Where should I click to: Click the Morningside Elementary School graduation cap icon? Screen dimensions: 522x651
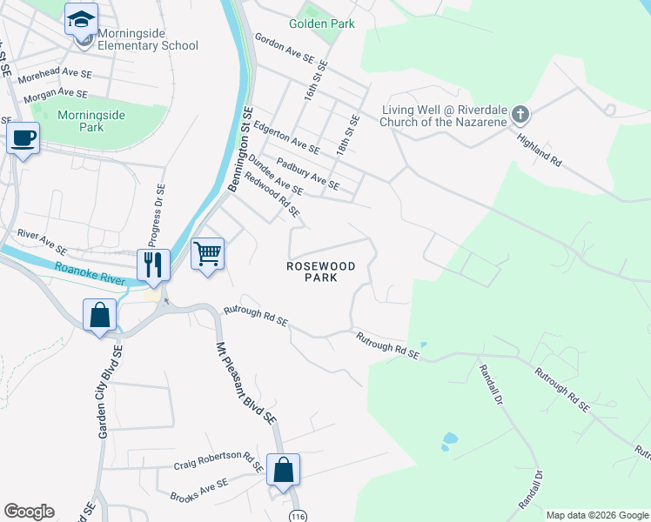click(x=82, y=18)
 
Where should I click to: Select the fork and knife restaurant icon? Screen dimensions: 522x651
click(x=153, y=264)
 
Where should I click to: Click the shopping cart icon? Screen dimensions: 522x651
click(x=207, y=254)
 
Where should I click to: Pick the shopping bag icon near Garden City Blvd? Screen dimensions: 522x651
click(x=100, y=314)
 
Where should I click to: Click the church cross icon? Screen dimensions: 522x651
click(x=520, y=114)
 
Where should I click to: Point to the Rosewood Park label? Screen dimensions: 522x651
click(x=321, y=271)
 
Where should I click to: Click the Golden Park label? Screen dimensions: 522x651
click(x=322, y=24)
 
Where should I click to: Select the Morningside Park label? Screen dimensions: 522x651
click(x=91, y=121)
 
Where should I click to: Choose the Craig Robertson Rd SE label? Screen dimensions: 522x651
click(x=218, y=465)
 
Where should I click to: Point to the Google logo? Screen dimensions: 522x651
click(x=29, y=512)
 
